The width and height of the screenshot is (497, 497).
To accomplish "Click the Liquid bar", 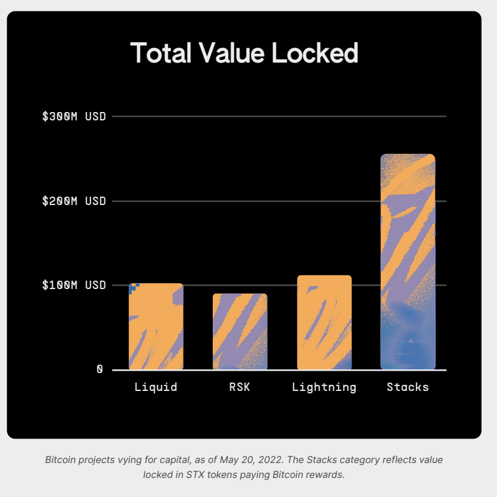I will coord(156,327).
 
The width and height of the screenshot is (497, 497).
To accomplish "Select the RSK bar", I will coord(240,331).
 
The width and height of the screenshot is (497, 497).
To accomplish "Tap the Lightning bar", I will coord(324,322).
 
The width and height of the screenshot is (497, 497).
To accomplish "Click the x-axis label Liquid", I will coord(156,387).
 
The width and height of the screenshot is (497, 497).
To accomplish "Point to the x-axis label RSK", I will coord(240,387).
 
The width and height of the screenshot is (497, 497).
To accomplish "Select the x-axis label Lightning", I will coord(324,387).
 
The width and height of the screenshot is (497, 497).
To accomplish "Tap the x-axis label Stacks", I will coord(408,387).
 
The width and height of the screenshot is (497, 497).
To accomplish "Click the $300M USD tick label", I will coord(74,116).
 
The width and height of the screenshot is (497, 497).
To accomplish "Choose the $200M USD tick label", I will coord(74,201).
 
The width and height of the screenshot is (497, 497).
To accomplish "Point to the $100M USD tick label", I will coord(74,285).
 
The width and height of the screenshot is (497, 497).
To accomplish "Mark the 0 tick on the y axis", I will coord(100,369).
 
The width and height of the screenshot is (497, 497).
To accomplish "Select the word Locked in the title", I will coord(315,53).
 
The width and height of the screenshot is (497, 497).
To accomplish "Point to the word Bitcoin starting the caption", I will coord(63,460).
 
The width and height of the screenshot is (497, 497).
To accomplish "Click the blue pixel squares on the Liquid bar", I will coord(133,288).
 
